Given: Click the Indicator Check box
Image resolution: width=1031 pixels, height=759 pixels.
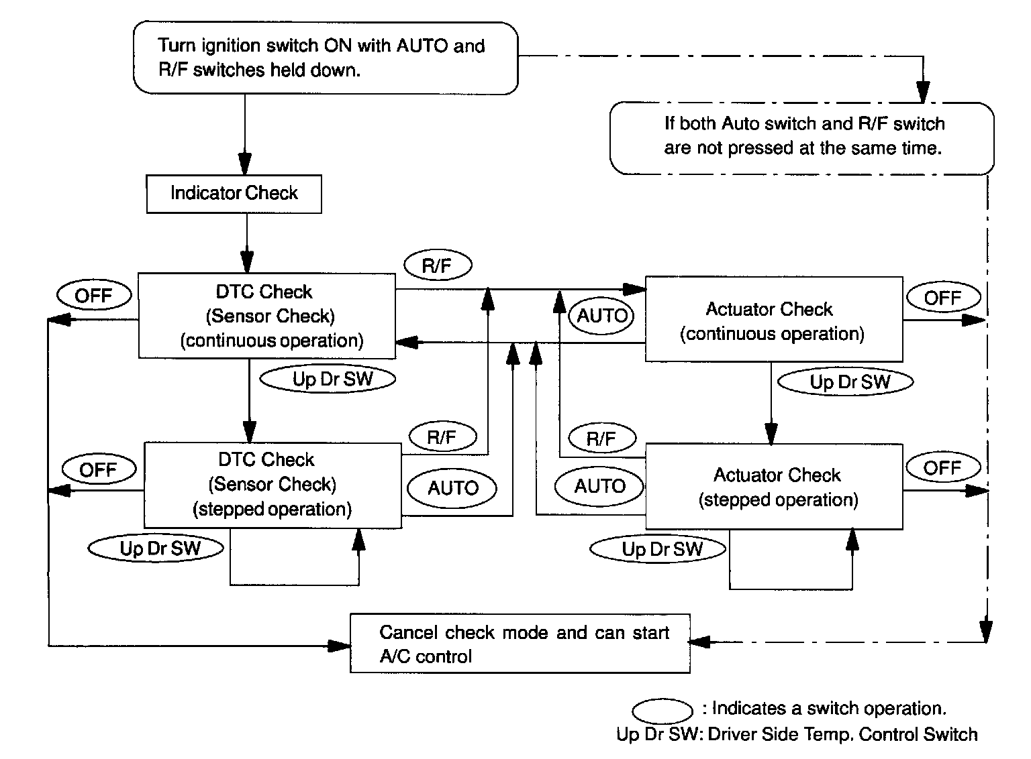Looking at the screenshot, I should [x=234, y=194].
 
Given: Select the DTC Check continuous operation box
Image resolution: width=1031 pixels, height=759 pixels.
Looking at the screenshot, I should [x=266, y=316].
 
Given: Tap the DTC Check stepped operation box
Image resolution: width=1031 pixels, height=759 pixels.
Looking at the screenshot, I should [x=273, y=485].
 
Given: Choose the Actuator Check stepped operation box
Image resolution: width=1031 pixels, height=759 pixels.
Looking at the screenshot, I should [x=773, y=487].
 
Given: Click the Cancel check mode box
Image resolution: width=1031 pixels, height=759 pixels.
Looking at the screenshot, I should [x=520, y=644].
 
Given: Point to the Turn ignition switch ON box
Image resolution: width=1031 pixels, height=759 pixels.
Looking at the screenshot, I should [x=326, y=58].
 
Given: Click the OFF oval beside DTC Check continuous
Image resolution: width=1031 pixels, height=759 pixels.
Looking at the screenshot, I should [x=94, y=296].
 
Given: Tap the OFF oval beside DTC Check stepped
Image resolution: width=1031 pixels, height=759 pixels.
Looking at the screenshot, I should [x=99, y=469].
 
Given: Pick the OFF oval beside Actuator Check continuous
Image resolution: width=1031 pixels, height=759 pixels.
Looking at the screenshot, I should [x=942, y=298].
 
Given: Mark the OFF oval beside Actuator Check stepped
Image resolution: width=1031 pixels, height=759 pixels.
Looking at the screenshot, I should [x=942, y=468].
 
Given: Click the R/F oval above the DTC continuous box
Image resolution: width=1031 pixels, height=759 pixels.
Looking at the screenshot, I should [x=437, y=266].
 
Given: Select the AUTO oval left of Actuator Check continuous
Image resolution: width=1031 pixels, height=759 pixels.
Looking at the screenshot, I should [x=601, y=316].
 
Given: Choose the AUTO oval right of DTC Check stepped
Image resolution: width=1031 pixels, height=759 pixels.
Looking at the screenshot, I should [x=453, y=487].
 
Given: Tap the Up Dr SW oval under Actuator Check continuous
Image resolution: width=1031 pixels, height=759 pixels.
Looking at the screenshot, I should [x=845, y=382].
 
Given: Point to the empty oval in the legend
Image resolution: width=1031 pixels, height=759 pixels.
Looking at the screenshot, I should [x=662, y=710].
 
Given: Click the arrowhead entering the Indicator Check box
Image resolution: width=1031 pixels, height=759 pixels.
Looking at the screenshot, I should [x=245, y=165].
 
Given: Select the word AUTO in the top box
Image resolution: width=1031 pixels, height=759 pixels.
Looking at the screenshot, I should [x=422, y=46].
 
